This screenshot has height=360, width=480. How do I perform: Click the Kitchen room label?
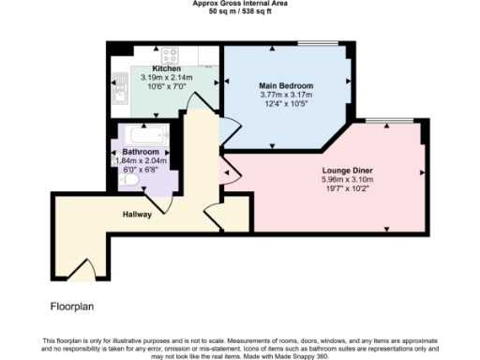pos(167,69)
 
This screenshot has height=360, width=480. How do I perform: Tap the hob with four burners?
pos(170,54)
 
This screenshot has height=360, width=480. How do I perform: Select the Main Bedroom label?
pos(286,85)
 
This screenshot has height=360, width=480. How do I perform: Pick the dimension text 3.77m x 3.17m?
pos(286,94)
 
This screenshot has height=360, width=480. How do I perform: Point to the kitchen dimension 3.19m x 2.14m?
pos(167,78)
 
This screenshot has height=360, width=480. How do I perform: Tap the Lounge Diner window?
pos(379,121)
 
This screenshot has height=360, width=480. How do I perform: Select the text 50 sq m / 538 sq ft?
pos(239,11)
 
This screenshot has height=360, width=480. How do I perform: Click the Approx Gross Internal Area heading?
pos(239,4)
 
